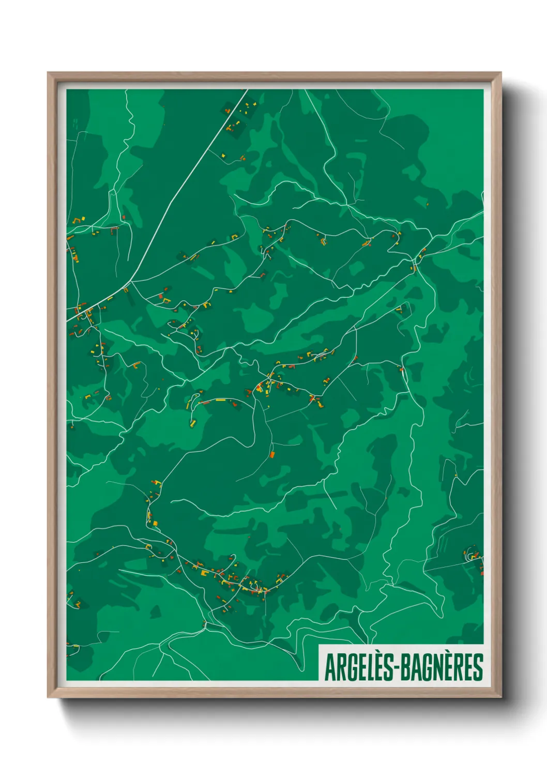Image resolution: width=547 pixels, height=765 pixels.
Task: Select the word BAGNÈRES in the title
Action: (x=442, y=667)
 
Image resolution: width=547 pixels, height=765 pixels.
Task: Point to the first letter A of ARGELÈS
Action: (x=329, y=667)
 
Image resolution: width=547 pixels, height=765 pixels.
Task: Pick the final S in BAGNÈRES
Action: (x=478, y=667)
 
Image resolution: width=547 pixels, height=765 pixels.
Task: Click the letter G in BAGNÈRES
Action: (x=423, y=667)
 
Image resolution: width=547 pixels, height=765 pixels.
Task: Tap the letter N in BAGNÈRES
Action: (x=435, y=667)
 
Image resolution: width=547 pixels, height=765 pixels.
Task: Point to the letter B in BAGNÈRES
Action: (x=405, y=667)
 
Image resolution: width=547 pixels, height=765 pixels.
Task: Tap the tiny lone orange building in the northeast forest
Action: (x=428, y=204)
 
